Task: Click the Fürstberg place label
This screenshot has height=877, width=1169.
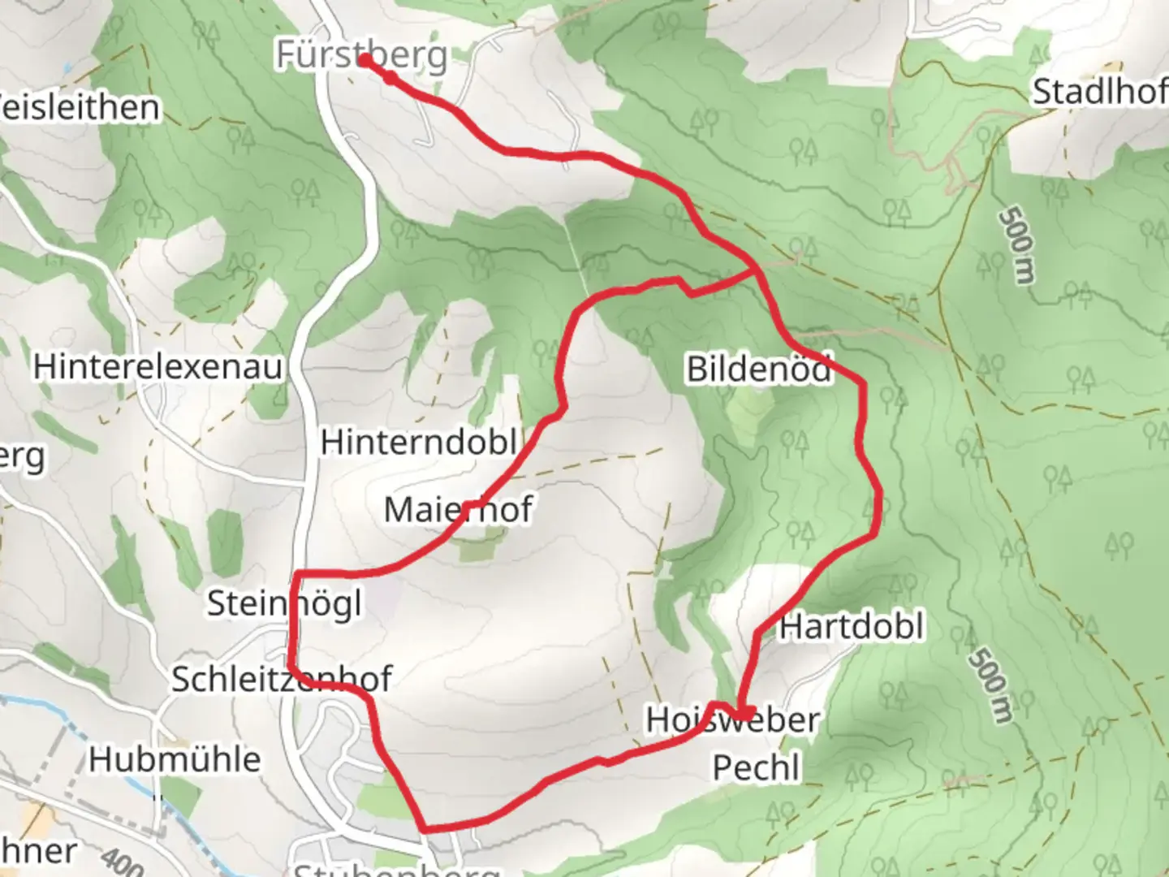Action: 361,56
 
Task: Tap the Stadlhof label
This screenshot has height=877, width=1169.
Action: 1099,93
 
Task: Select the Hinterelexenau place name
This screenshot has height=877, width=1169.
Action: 157,367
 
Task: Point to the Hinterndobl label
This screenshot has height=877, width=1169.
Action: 418,443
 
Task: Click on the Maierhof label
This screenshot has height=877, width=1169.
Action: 458,510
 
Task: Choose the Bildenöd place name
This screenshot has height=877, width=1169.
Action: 759,369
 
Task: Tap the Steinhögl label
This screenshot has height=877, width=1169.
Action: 284,604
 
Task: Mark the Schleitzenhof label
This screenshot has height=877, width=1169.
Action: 282,679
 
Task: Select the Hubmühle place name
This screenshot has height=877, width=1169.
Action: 175,760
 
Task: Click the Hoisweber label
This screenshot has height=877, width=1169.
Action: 732,719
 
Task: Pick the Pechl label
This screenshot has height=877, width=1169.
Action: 756,767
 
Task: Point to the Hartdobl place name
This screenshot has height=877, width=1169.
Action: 852,627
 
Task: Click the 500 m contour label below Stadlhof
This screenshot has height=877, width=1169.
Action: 1017,246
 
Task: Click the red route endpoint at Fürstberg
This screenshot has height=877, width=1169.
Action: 365,59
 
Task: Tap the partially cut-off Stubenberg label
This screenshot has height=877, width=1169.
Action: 395,869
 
